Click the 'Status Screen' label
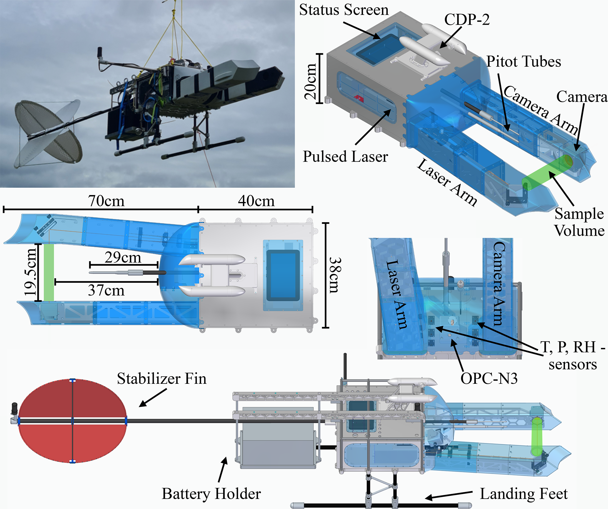[x=344, y=10]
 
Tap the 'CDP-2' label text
[x=467, y=20]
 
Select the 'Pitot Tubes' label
[x=524, y=62]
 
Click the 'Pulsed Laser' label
[x=345, y=157]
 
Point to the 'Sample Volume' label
[x=579, y=222]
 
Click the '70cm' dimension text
[x=106, y=201]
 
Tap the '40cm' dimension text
[x=256, y=201]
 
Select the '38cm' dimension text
[x=335, y=275]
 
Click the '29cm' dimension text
[x=123, y=258]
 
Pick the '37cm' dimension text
[x=106, y=291]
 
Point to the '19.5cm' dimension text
[x=31, y=272]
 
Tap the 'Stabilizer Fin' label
[x=161, y=379]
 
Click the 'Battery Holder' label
[x=211, y=494]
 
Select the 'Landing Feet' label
[x=524, y=494]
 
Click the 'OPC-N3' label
[x=489, y=379]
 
